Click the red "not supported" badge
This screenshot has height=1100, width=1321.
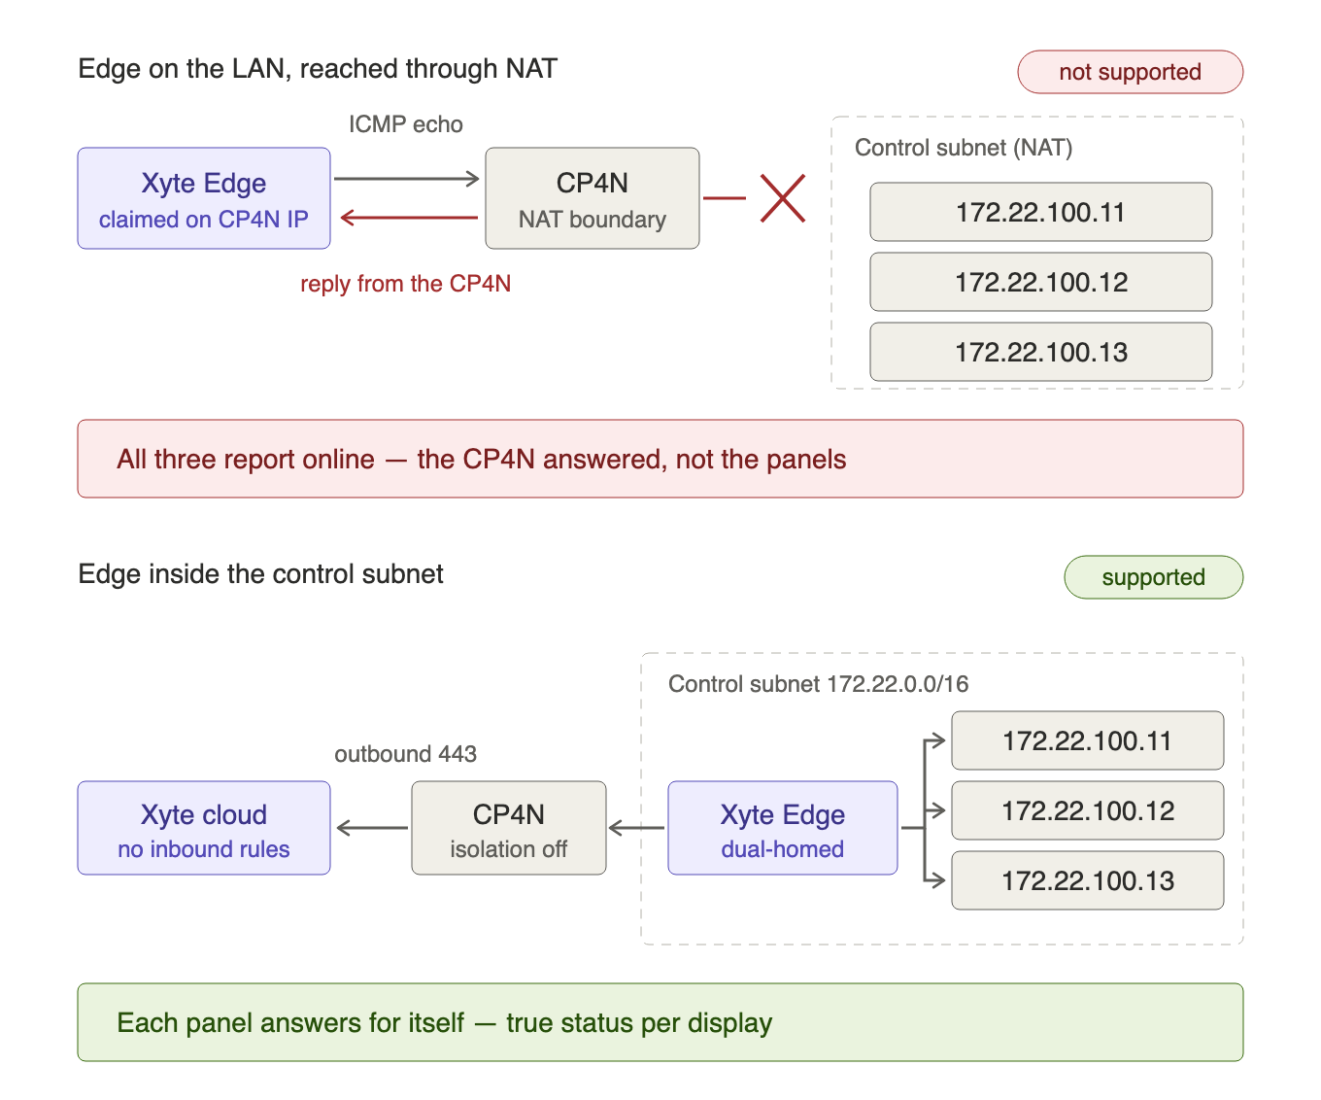pos(1130,72)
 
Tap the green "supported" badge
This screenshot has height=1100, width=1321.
pos(1153,576)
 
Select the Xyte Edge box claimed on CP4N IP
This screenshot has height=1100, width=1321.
pos(204,198)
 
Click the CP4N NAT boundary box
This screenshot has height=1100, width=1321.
pos(593,198)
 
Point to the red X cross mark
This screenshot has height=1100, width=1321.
pos(783,198)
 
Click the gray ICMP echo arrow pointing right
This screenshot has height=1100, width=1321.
pos(406,179)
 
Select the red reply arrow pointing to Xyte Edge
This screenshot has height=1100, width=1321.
pos(409,218)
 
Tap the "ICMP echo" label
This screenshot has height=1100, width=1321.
pos(406,124)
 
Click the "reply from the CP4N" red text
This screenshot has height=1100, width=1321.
pos(406,284)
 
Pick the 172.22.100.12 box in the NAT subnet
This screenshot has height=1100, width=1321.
pos(1040,282)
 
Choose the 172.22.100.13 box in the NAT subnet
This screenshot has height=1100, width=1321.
pos(1040,352)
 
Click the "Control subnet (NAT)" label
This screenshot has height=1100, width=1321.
pos(963,148)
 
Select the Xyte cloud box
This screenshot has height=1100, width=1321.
pos(204,828)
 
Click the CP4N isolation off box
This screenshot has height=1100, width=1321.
pos(509,828)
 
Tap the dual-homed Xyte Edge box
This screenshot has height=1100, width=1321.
pos(783,828)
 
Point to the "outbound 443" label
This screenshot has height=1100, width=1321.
pos(406,754)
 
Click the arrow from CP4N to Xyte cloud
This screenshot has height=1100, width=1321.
pos(373,828)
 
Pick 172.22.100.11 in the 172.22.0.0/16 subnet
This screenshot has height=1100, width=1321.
pos(1088,740)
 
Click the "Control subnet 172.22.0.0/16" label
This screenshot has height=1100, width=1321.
pos(818,683)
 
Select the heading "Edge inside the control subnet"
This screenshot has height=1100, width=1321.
pos(260,574)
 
